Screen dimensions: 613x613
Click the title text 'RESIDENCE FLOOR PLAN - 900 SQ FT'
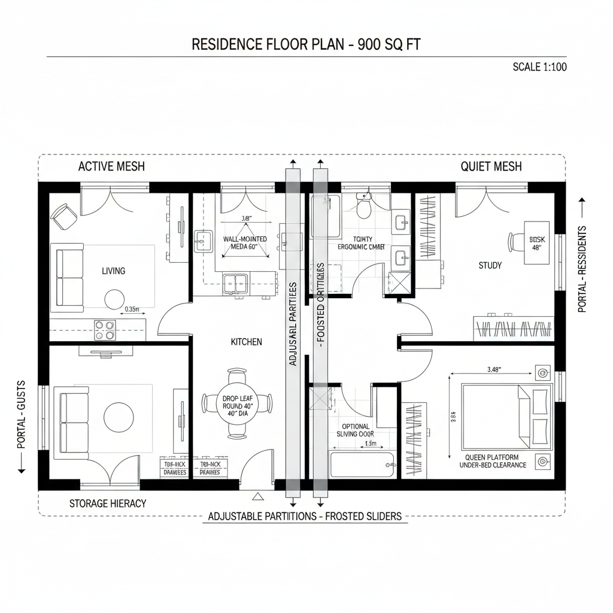coord(306,45)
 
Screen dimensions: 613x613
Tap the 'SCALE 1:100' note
coord(539,66)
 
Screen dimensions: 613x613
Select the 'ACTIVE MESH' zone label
coord(111,166)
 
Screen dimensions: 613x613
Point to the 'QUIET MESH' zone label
coord(491,166)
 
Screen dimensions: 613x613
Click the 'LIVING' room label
coord(113,271)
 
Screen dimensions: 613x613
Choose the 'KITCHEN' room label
coord(246,342)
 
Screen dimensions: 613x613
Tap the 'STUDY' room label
coord(490,265)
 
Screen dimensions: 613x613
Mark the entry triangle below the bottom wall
coord(259,496)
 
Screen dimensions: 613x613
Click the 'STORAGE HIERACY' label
coord(108,503)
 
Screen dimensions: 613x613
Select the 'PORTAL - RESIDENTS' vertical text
coord(582,269)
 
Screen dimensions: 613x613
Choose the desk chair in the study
coord(515,242)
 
